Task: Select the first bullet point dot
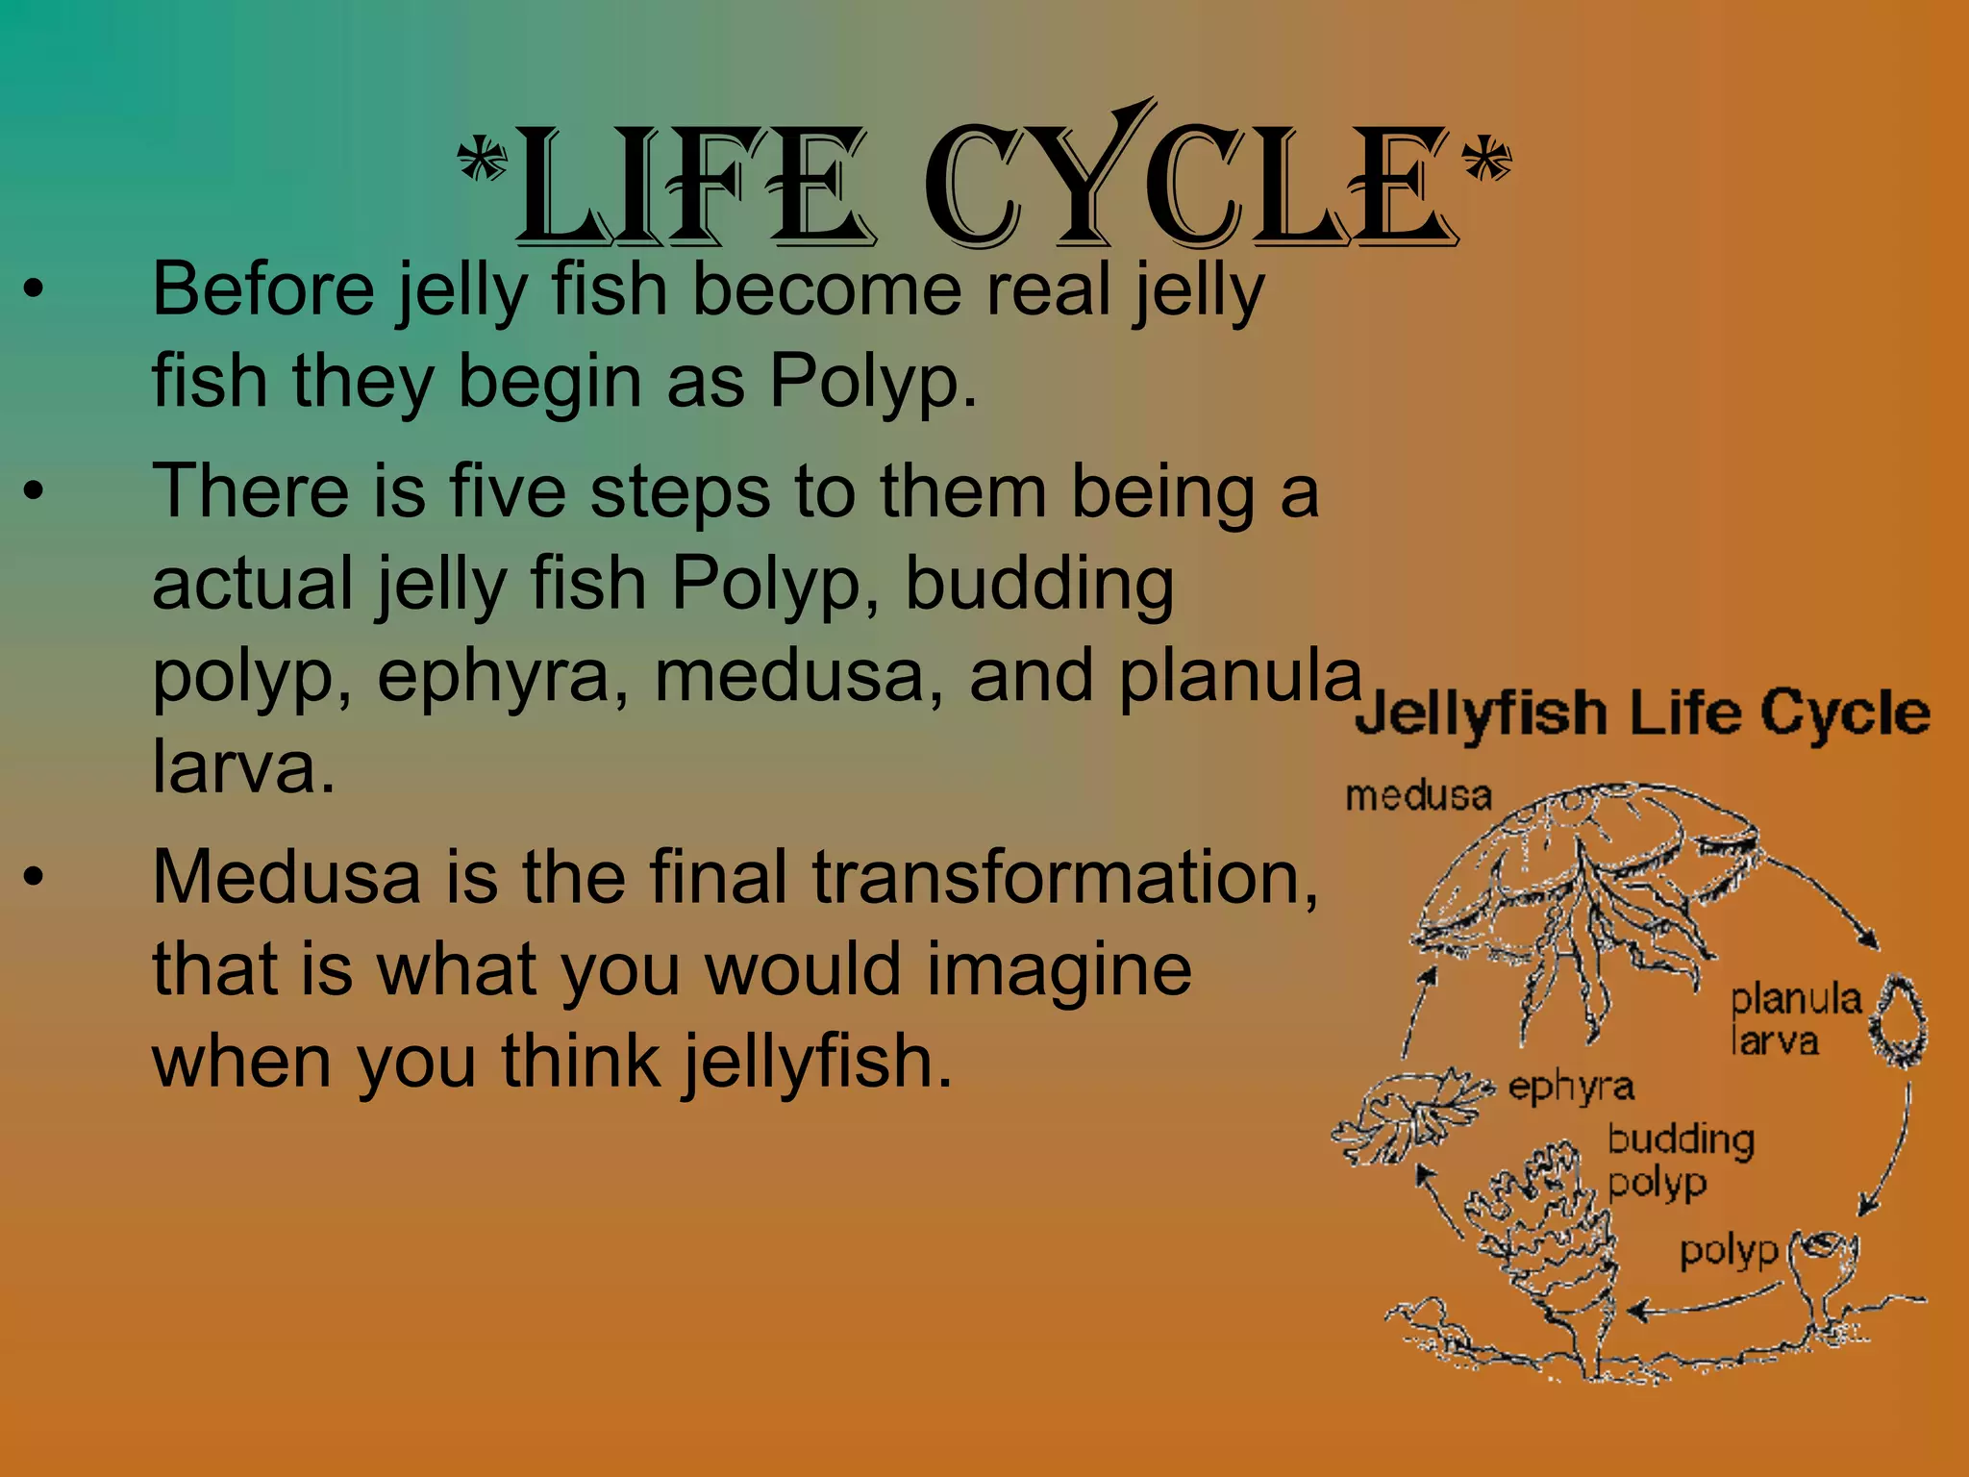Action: (35, 289)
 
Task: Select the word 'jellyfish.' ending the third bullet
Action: (817, 1063)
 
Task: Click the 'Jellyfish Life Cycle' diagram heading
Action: (1642, 713)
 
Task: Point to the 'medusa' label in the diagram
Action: (1418, 796)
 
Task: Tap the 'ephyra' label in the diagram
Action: (1571, 1088)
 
